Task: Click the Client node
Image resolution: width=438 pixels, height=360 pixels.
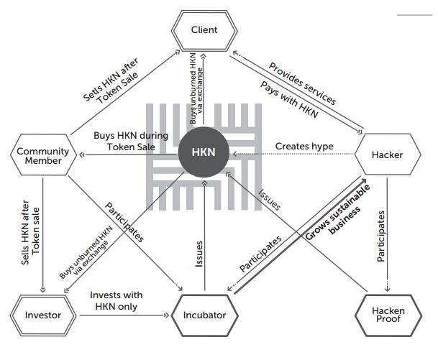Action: point(204,30)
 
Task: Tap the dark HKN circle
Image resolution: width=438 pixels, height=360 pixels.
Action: point(205,152)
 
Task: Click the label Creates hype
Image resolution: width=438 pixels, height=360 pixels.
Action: point(304,146)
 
